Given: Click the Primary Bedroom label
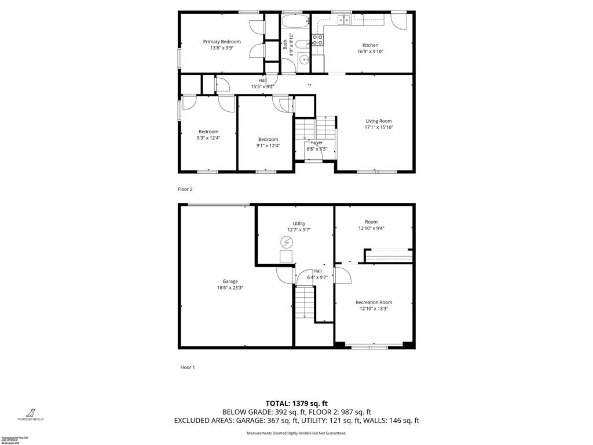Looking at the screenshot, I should (x=222, y=42).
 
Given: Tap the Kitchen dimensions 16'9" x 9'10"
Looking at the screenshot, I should (x=371, y=52).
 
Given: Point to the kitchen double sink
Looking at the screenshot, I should (x=344, y=21).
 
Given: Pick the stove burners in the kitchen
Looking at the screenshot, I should (x=317, y=40).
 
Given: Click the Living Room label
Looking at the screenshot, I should (x=379, y=121).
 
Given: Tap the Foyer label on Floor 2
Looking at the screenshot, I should (x=317, y=143).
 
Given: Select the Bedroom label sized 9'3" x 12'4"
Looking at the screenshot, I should (x=208, y=132).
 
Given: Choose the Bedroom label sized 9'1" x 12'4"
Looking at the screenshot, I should (x=268, y=139).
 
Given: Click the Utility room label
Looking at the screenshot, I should (x=299, y=223).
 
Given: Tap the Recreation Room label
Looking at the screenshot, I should (x=374, y=302).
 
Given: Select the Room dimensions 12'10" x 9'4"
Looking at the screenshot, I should (x=371, y=228).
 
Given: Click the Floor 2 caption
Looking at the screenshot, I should (x=185, y=189).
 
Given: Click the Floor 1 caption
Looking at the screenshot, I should (x=186, y=367).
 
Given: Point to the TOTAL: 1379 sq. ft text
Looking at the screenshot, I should (x=296, y=403).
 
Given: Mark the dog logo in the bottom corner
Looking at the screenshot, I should (x=26, y=412).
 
